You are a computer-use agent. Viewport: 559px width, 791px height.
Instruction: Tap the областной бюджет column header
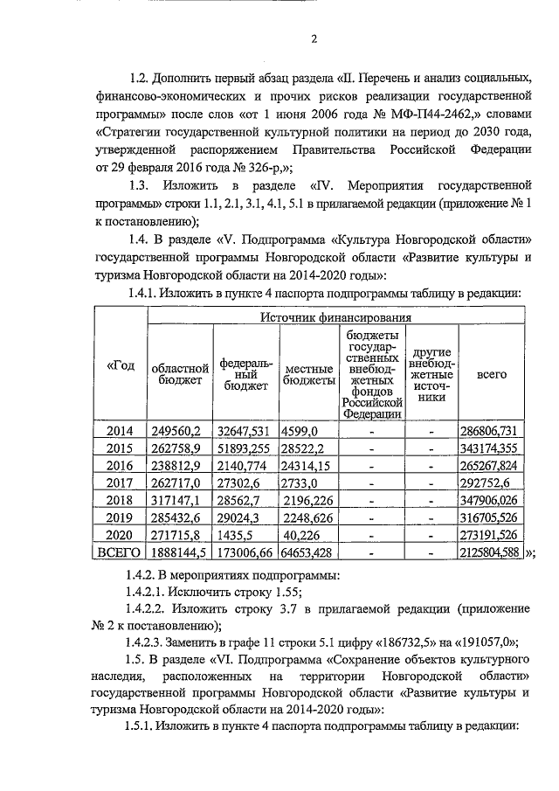(x=179, y=372)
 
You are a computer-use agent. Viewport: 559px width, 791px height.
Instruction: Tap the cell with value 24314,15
(x=306, y=466)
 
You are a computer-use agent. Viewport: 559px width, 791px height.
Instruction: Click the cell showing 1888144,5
(x=178, y=552)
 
